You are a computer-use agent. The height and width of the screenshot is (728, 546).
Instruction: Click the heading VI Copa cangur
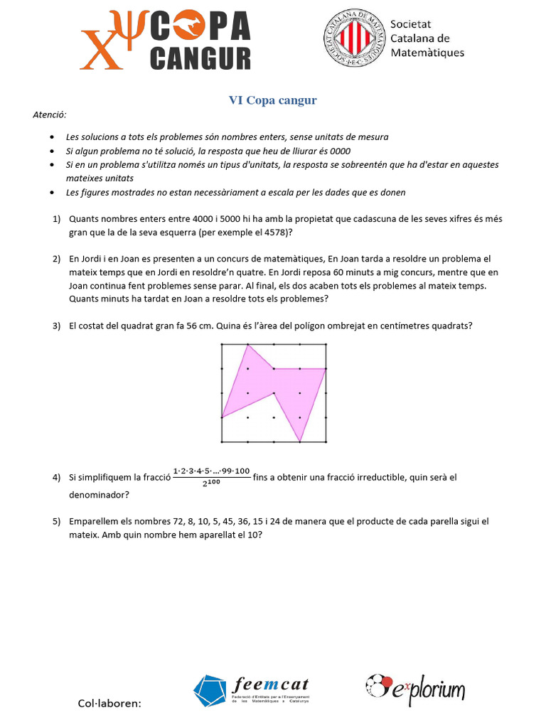tap(272, 100)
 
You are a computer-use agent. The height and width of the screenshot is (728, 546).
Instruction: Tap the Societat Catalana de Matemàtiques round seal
tap(354, 41)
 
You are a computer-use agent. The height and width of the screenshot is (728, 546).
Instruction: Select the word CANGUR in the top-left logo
tap(200, 58)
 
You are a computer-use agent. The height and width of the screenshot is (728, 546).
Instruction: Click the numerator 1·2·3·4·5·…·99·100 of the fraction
tap(211, 471)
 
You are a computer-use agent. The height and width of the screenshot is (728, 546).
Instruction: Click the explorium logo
tap(415, 687)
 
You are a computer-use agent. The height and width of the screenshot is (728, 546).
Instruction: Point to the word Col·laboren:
tap(109, 703)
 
